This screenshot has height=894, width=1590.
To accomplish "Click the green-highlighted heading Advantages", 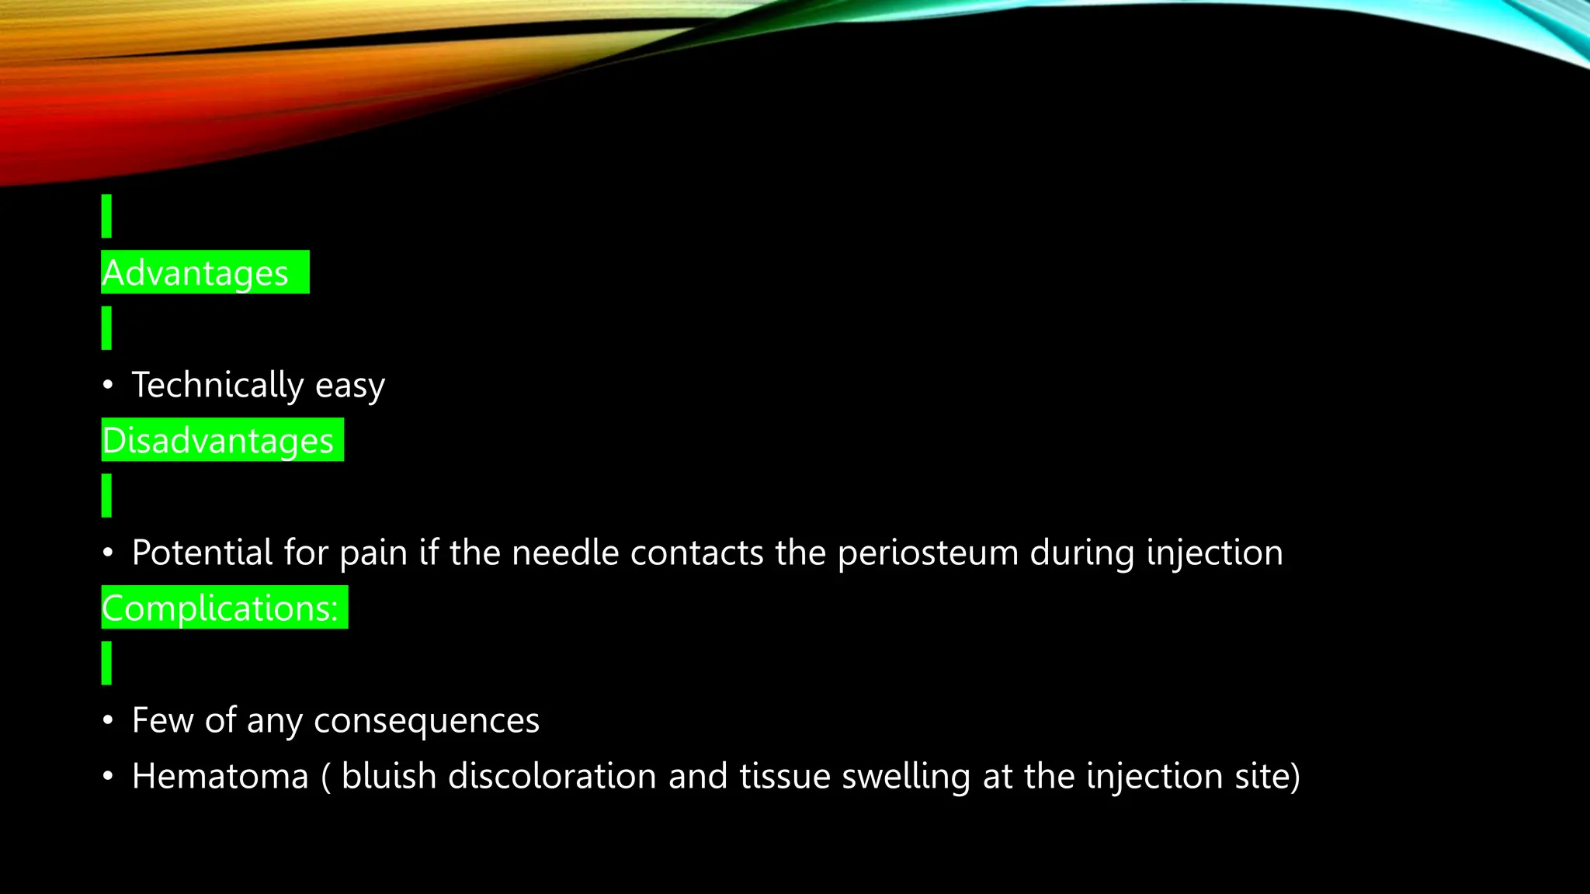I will coord(196,273).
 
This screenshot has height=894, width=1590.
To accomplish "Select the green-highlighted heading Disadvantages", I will coord(218,441).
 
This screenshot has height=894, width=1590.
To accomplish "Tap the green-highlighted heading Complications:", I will coord(220,608).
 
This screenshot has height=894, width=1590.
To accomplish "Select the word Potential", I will coord(203,553).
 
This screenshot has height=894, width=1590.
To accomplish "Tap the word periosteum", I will coord(929,553).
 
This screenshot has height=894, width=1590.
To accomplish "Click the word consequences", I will coord(426,721).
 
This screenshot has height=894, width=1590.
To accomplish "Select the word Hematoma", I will coord(220,776).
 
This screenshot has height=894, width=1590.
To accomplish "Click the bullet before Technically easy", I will coord(108,385).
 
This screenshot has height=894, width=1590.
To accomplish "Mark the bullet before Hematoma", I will coord(108,776).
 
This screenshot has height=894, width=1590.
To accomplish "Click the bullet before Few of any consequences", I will coord(108,720).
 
